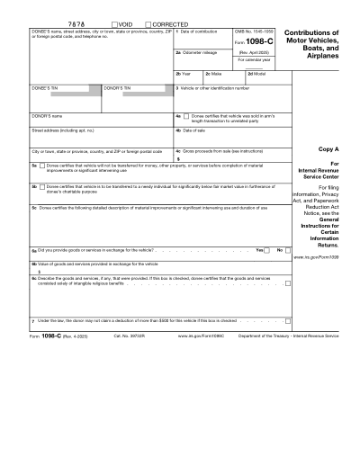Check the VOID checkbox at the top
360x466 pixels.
[x=113, y=21]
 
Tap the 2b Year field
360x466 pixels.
[x=188, y=78]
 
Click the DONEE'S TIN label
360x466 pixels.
[x=45, y=88]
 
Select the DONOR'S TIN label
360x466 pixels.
[x=117, y=88]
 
